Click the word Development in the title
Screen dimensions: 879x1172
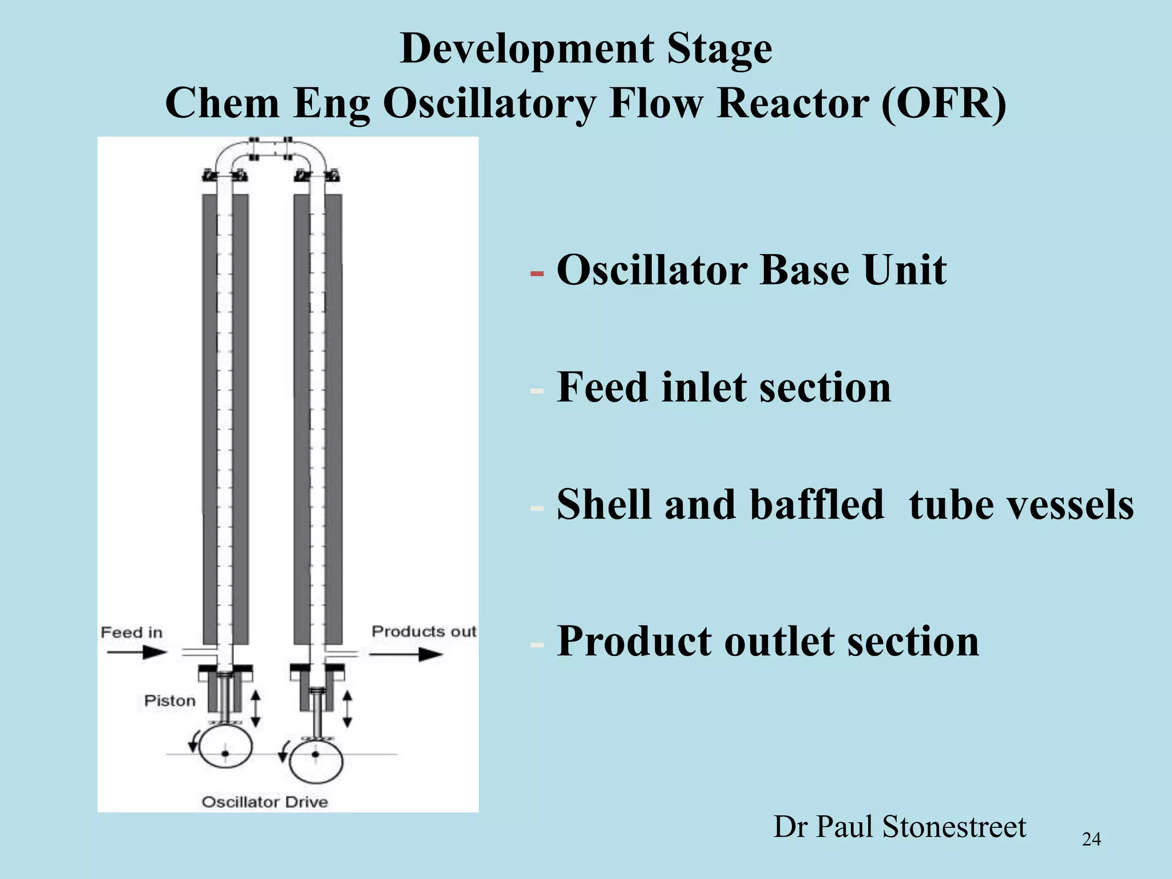(526, 49)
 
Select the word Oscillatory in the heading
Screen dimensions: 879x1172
(490, 104)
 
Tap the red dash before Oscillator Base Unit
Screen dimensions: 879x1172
(537, 274)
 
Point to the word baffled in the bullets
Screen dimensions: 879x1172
(817, 505)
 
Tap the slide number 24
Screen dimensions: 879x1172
(1091, 840)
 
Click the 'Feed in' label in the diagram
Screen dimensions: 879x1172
(132, 632)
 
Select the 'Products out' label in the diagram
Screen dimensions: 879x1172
(423, 631)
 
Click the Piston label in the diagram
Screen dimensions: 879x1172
(169, 701)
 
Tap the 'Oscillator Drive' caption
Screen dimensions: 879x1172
(265, 802)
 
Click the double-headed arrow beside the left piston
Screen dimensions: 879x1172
(256, 708)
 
